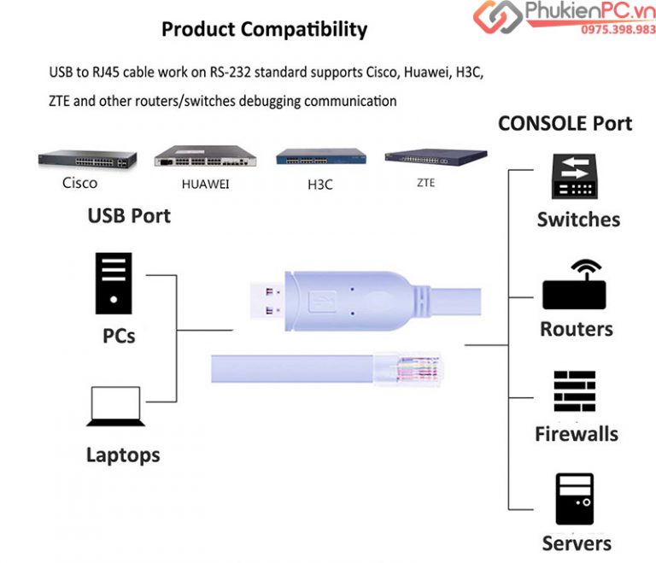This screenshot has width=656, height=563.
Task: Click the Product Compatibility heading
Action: (x=264, y=30)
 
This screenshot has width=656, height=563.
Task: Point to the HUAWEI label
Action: (x=205, y=183)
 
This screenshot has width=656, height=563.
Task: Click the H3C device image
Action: (x=320, y=157)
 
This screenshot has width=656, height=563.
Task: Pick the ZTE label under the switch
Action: (x=425, y=182)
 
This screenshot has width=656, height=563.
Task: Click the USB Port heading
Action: (x=129, y=216)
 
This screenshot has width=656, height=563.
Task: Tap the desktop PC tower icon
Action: (x=114, y=283)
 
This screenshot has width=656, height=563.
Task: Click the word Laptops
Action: (x=122, y=455)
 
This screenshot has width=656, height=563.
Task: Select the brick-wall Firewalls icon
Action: (x=574, y=391)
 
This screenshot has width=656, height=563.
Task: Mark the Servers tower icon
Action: (x=574, y=498)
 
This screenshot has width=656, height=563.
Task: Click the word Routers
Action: (x=576, y=329)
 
